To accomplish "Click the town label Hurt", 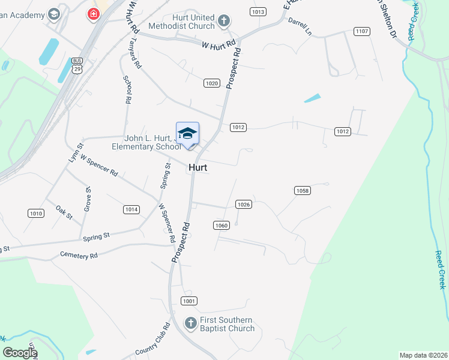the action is [198, 168].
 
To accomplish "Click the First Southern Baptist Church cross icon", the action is [190, 323].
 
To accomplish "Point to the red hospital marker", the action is [93, 14].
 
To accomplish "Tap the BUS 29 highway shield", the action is [77, 65].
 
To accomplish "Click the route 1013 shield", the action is [258, 11].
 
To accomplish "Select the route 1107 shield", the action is [361, 31].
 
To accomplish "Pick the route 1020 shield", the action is [211, 83].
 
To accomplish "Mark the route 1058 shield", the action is [303, 191].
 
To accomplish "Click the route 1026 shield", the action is [243, 205].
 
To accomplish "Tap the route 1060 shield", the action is [221, 225].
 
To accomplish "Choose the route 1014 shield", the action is [131, 209].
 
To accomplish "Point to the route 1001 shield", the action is [188, 301].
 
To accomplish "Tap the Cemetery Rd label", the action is [79, 255].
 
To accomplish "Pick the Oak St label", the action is [64, 212].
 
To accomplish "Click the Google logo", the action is [20, 353].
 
